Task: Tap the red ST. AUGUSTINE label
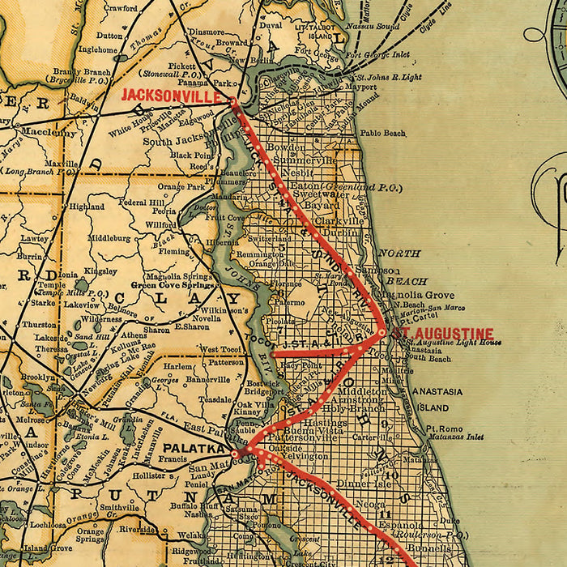click(442, 333)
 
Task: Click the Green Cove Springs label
click(163, 284)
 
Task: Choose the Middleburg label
click(109, 239)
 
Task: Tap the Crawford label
click(120, 8)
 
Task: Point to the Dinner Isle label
click(353, 484)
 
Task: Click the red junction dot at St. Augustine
click(382, 331)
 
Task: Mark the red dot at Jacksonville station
click(234, 102)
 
